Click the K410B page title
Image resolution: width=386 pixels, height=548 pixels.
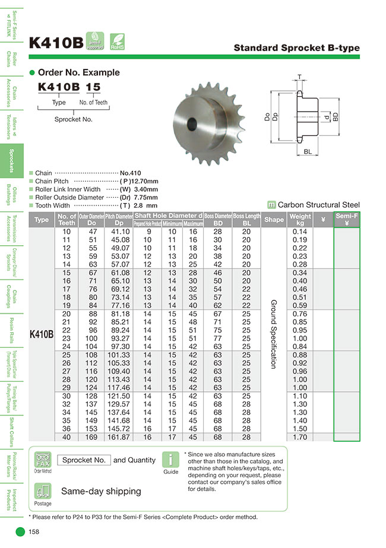click(x=56, y=43)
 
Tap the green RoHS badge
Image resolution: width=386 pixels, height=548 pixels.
click(x=117, y=41)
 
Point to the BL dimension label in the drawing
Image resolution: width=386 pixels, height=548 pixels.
click(x=308, y=153)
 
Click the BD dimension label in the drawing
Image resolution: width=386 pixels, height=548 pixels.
click(x=336, y=118)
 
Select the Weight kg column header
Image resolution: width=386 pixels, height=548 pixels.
click(x=300, y=220)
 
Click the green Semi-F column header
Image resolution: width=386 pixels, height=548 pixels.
click(x=346, y=220)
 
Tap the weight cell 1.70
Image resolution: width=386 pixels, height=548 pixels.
click(x=300, y=437)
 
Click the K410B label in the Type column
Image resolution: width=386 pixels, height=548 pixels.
click(x=42, y=334)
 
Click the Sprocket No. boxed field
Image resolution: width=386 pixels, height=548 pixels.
click(x=84, y=460)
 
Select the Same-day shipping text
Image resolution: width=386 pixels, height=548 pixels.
click(x=101, y=491)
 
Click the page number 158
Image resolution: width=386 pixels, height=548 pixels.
click(x=34, y=532)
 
